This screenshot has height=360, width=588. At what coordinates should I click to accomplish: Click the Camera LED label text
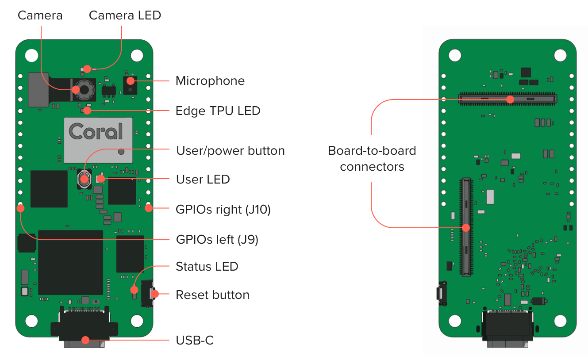pos(125,15)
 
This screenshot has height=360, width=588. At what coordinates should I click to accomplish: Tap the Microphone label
pos(210,81)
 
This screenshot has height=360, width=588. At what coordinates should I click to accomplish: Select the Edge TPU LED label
pos(218,111)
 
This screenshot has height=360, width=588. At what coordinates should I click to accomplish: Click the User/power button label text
pos(230,151)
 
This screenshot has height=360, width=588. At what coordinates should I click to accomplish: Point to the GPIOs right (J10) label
pos(223,209)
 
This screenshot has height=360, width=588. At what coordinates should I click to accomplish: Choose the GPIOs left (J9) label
pos(217,240)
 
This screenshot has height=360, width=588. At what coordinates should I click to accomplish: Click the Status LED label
pos(207,267)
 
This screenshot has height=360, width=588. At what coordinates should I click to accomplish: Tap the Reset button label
pos(212,295)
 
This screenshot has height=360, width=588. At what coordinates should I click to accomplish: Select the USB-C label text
pos(195,341)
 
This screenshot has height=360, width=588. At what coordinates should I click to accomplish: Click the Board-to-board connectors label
pos(372,158)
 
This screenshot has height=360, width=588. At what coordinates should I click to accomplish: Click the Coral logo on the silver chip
pos(96,131)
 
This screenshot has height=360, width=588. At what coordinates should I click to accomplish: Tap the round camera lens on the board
pos(83,89)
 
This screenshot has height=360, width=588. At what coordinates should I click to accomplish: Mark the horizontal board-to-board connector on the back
pos(507,99)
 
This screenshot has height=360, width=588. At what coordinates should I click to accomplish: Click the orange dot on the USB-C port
pos(84,341)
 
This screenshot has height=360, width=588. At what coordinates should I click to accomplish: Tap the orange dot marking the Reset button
pos(154,294)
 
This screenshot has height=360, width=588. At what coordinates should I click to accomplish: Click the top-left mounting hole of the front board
pos(31,55)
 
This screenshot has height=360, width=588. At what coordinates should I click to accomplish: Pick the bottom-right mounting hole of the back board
pos(560,321)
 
